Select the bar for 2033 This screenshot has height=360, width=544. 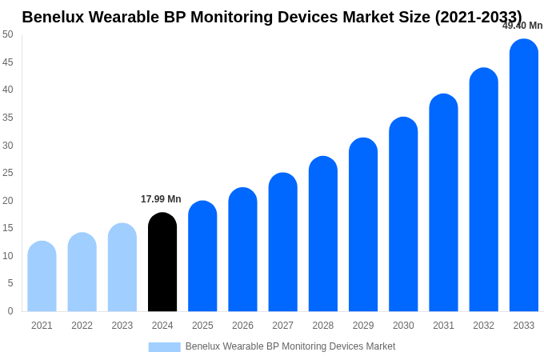[x=524, y=176]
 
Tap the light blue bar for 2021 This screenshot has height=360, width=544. [x=42, y=277]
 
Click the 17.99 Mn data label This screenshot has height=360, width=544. [x=161, y=199]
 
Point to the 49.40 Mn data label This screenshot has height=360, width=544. [x=522, y=26]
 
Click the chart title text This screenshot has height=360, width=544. [x=272, y=17]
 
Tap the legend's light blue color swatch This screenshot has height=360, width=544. [x=164, y=347]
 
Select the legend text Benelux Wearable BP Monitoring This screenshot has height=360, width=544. [x=290, y=346]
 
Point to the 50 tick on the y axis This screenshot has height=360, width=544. [x=7, y=34]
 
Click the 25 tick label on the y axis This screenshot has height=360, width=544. [x=7, y=173]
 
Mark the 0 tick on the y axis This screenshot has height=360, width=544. [x=10, y=311]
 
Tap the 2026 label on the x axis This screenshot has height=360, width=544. [x=242, y=326]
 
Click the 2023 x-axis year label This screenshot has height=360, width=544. [x=122, y=326]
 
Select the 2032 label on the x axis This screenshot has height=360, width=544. [x=483, y=326]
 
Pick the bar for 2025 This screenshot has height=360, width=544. [x=202, y=257]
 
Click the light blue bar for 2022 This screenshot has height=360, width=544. [x=82, y=273]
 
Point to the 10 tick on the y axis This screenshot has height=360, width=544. [x=7, y=256]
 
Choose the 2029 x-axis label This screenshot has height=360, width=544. [x=363, y=326]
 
